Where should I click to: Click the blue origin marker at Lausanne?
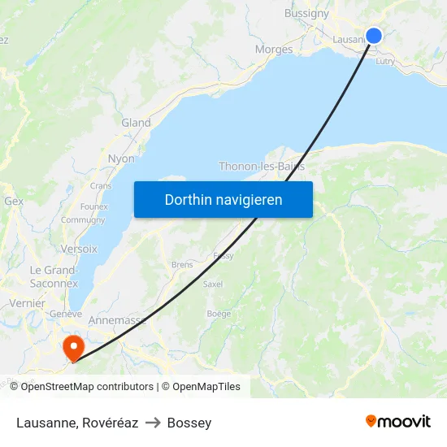coord(374,35)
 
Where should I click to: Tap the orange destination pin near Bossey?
coord(74,347)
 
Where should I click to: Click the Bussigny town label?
coord(306,13)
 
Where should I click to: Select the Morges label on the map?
coord(274,50)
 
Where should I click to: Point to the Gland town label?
coord(136,123)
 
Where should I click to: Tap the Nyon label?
coord(121,158)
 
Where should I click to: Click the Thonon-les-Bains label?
coord(261,167)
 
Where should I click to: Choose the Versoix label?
coord(79,249)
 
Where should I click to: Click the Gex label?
coord(14,200)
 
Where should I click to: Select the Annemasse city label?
coord(117,320)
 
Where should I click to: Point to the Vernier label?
coord(27,302)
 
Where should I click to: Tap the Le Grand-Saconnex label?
coord(54,277)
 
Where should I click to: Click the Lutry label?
coord(385,60)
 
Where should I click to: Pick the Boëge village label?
coord(219,313)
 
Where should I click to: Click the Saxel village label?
coord(212,284)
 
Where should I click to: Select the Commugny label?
coord(83,219)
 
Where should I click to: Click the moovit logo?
coord(398,421)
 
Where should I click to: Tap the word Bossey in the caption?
coord(189,423)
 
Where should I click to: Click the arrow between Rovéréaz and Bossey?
coord(153,423)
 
